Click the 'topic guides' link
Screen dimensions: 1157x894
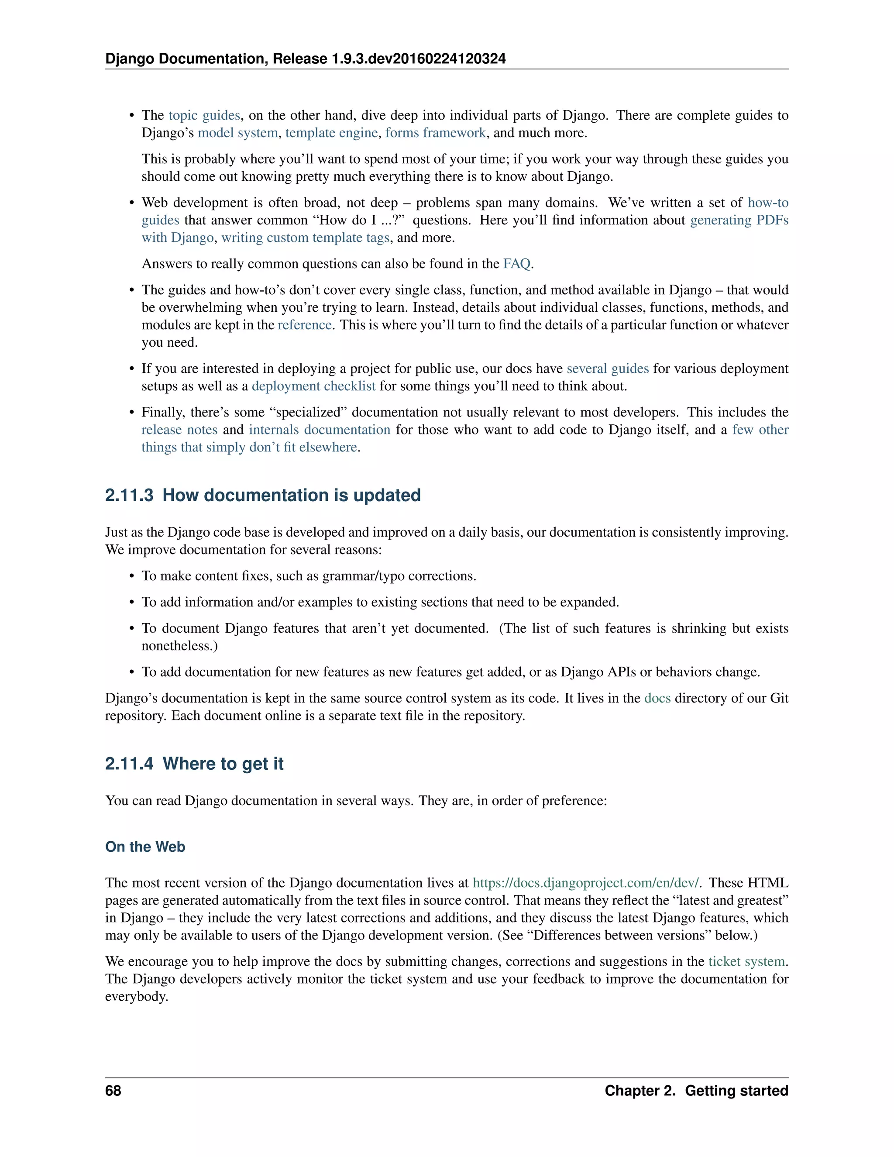click(x=204, y=116)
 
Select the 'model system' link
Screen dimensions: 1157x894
click(x=238, y=133)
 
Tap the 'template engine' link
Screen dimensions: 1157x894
click(x=332, y=133)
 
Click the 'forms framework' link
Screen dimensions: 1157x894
click(x=435, y=133)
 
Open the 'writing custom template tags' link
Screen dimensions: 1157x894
click(x=306, y=238)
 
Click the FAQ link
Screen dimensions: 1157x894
click(x=516, y=264)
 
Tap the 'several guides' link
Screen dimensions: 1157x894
click(x=608, y=369)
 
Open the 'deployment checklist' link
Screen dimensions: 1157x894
click(x=313, y=386)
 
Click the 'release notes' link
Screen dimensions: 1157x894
click(x=179, y=430)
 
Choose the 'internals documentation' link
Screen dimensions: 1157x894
click(x=320, y=430)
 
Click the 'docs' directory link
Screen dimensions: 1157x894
click(x=657, y=698)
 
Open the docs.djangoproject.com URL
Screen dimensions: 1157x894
click(x=585, y=883)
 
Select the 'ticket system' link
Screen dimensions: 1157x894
click(x=747, y=961)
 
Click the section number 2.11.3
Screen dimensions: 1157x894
click(x=129, y=496)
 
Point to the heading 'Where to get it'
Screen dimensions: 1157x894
click(x=223, y=764)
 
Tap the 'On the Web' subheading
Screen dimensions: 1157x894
click(x=145, y=847)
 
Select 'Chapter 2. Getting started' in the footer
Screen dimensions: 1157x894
click(x=696, y=1091)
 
